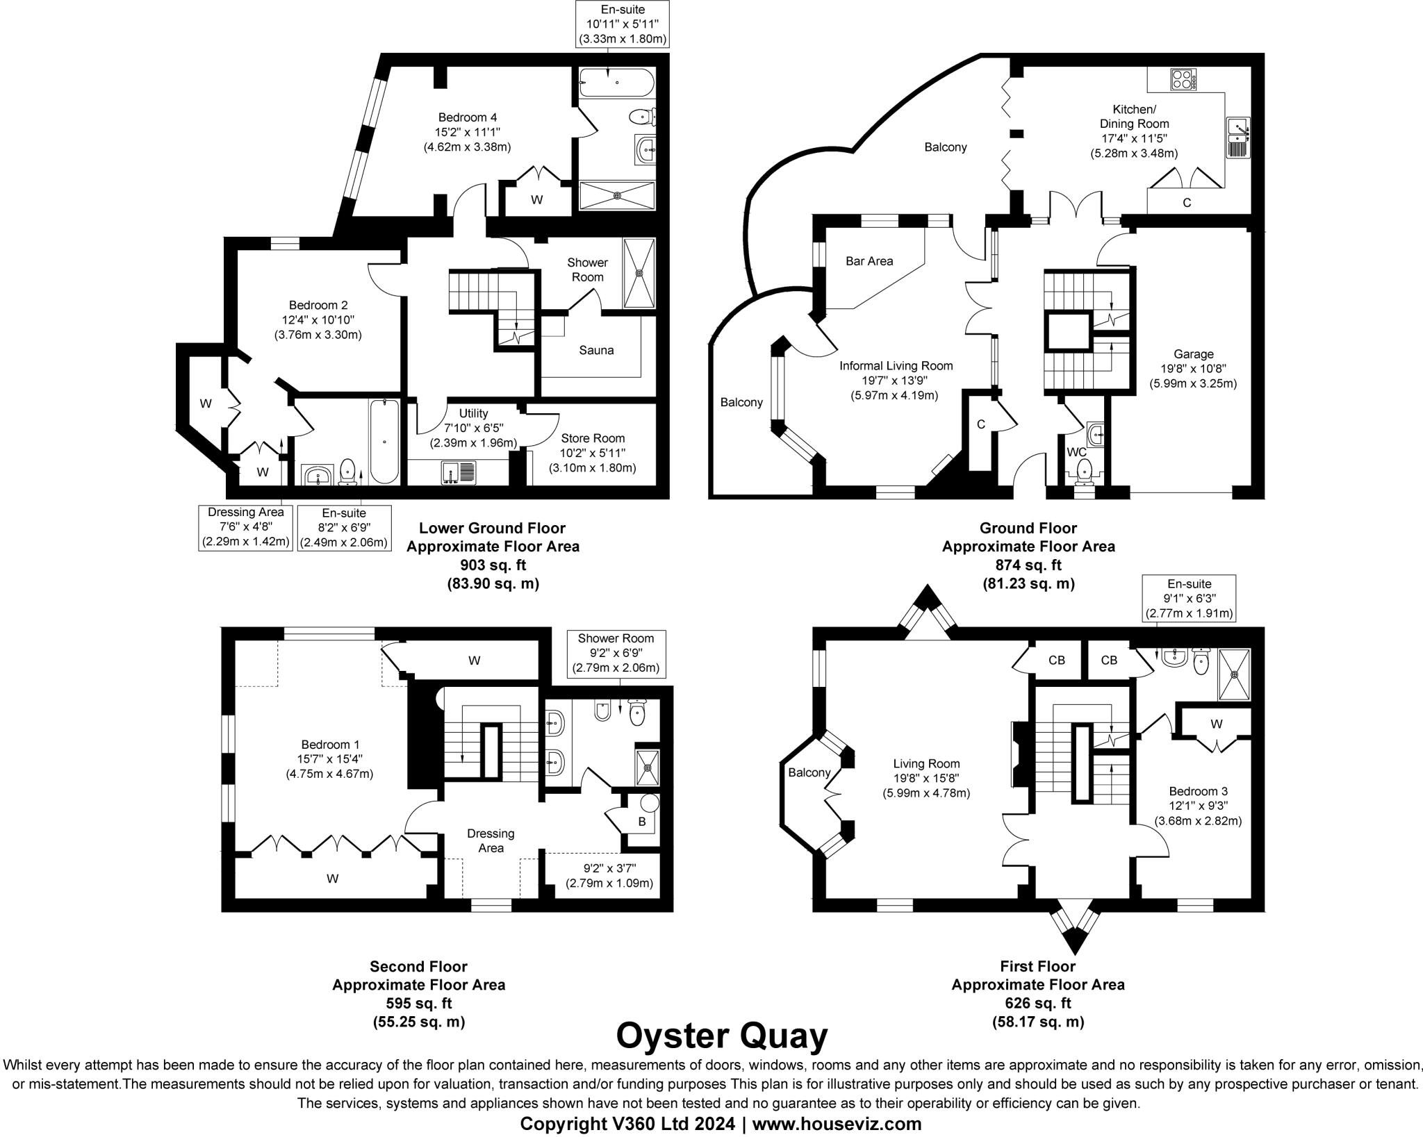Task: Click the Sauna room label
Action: [596, 350]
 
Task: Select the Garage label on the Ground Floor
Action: [1193, 354]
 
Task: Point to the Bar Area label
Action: [869, 261]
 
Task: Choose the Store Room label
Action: [593, 438]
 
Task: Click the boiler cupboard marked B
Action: [642, 821]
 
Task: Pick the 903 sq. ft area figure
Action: [493, 565]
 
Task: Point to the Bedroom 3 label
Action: [1198, 791]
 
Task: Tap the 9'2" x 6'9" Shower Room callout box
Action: [616, 654]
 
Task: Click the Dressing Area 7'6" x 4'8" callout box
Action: [246, 527]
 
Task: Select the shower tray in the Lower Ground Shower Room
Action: [639, 273]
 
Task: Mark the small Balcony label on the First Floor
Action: [809, 772]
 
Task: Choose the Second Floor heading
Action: [418, 966]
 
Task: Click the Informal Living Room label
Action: [896, 365]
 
